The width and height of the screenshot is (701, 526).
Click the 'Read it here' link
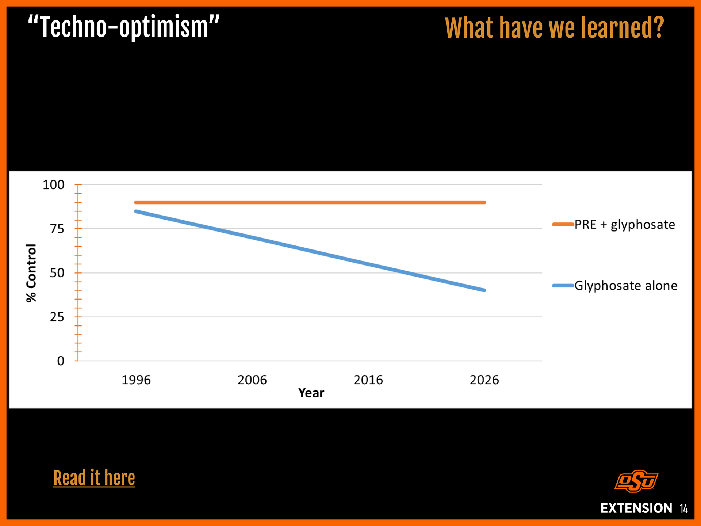click(94, 478)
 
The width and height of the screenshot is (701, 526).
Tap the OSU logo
click(636, 481)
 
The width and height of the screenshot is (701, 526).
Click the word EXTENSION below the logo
click(636, 508)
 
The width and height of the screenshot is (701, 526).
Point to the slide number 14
click(684, 509)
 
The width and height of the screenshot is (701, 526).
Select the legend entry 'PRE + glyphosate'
click(624, 225)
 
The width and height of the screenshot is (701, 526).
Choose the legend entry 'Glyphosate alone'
click(625, 286)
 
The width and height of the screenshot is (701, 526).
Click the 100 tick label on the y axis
click(53, 185)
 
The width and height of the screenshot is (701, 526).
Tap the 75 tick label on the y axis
click(57, 229)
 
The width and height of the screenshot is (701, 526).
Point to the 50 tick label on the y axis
click(57, 273)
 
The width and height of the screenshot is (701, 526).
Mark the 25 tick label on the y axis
click(57, 317)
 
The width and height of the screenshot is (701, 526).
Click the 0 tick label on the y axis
click(61, 361)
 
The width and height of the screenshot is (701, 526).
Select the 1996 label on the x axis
click(136, 380)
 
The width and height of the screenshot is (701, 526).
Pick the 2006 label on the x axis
click(252, 380)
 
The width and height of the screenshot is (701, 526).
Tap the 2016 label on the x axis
click(368, 380)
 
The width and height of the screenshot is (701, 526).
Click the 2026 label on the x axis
click(484, 380)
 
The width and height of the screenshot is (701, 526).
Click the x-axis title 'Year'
click(311, 393)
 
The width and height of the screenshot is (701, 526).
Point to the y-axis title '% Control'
click(31, 273)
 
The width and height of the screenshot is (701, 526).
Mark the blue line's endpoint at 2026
click(484, 290)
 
